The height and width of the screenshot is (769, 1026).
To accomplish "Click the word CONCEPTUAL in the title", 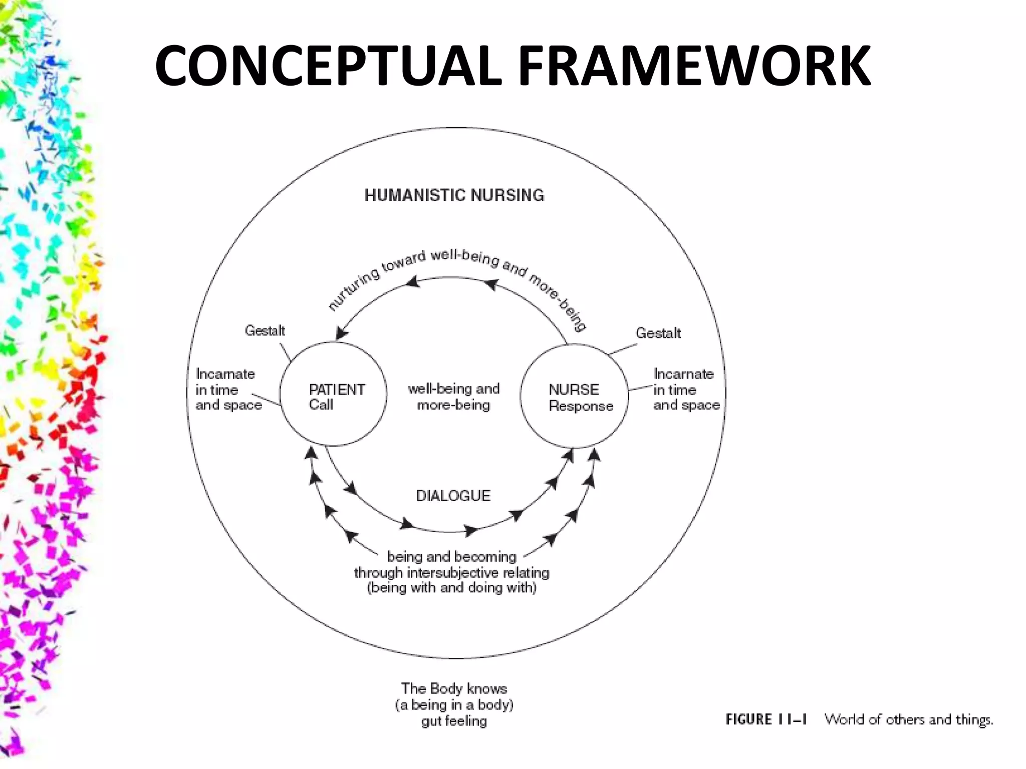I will tap(328, 66).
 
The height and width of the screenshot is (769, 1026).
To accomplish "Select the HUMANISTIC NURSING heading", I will tap(454, 195).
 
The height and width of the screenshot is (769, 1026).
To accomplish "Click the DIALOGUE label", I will tap(453, 496).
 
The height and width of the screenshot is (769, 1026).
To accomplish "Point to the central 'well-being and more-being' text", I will tap(453, 397).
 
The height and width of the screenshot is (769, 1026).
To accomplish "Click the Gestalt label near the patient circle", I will tap(265, 331).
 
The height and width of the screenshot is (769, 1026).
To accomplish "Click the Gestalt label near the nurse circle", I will tap(658, 333).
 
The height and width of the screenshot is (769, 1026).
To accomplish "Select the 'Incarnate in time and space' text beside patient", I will tap(228, 390).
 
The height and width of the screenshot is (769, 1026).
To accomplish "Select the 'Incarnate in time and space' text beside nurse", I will tap(686, 390).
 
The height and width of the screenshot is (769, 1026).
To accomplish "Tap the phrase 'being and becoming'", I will tap(451, 556).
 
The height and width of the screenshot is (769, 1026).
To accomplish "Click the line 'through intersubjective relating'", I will tap(451, 572).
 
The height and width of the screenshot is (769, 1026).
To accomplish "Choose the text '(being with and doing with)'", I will tap(451, 588).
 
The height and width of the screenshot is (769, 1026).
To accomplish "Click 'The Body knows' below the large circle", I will tap(454, 688).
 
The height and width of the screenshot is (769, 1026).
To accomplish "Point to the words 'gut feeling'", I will tap(454, 721).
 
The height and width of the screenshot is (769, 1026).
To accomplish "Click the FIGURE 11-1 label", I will tap(766, 719).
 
